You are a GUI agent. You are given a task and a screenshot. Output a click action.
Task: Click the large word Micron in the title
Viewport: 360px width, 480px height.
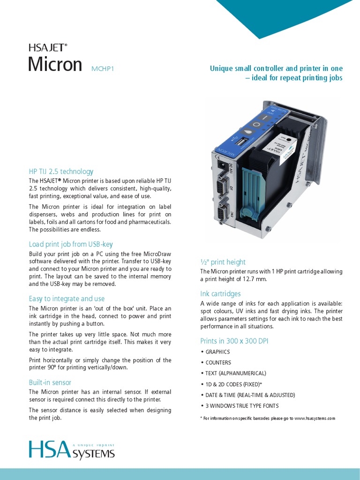coord(55,64)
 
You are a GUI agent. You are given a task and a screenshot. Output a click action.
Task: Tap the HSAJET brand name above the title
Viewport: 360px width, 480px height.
coord(48,47)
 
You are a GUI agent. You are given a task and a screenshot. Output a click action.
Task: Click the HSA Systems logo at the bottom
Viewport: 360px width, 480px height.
coord(72,450)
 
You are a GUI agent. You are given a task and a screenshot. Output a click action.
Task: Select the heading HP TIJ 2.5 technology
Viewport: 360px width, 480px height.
coord(61,172)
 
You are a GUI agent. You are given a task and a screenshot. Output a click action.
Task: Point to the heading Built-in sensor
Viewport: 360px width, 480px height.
coord(50,382)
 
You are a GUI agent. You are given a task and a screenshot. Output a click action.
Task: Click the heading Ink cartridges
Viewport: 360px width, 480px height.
coord(220,294)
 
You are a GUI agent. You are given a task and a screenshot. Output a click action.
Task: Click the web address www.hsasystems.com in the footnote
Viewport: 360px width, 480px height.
coord(315,418)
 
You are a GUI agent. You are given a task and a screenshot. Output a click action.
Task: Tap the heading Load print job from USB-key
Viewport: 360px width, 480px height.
coord(71,244)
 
